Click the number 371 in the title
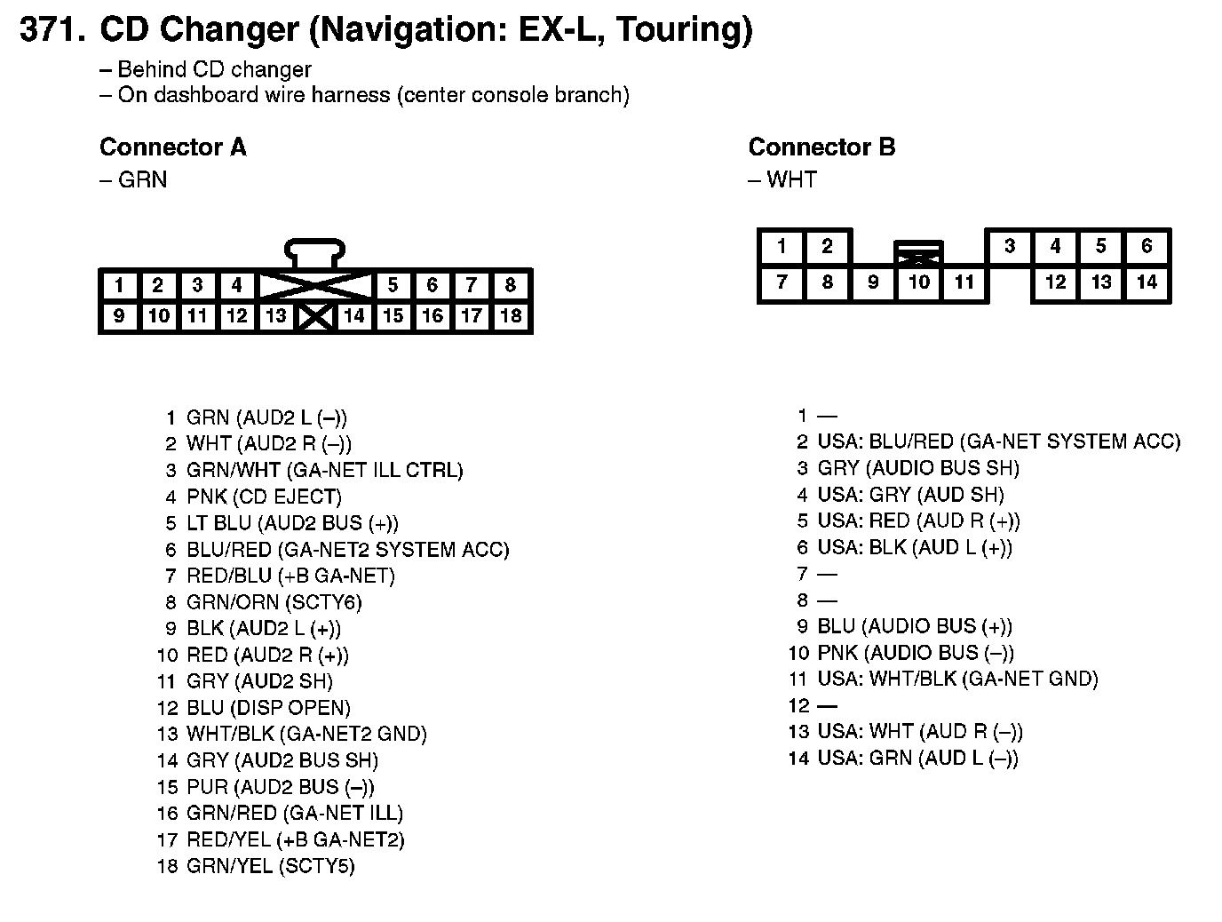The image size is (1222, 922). click(52, 30)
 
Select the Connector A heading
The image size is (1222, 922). click(172, 147)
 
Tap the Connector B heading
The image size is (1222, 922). click(821, 147)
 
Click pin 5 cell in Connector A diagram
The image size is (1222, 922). click(393, 285)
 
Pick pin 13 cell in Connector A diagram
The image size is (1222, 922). click(275, 315)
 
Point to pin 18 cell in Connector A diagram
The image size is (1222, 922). click(511, 315)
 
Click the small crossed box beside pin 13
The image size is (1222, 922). click(315, 316)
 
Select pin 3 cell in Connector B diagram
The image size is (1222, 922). click(1009, 246)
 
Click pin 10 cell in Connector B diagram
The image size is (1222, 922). click(918, 282)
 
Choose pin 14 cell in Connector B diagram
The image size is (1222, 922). click(1147, 282)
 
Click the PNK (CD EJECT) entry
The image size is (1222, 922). click(264, 497)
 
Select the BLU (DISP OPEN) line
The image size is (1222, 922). click(268, 708)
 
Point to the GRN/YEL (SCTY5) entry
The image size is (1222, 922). click(270, 866)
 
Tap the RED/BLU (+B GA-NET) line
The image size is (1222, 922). click(290, 576)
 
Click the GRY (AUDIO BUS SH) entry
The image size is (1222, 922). click(918, 468)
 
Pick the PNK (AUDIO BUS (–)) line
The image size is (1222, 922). click(915, 653)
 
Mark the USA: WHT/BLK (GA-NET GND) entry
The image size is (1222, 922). click(957, 680)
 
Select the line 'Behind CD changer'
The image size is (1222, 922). click(214, 69)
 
